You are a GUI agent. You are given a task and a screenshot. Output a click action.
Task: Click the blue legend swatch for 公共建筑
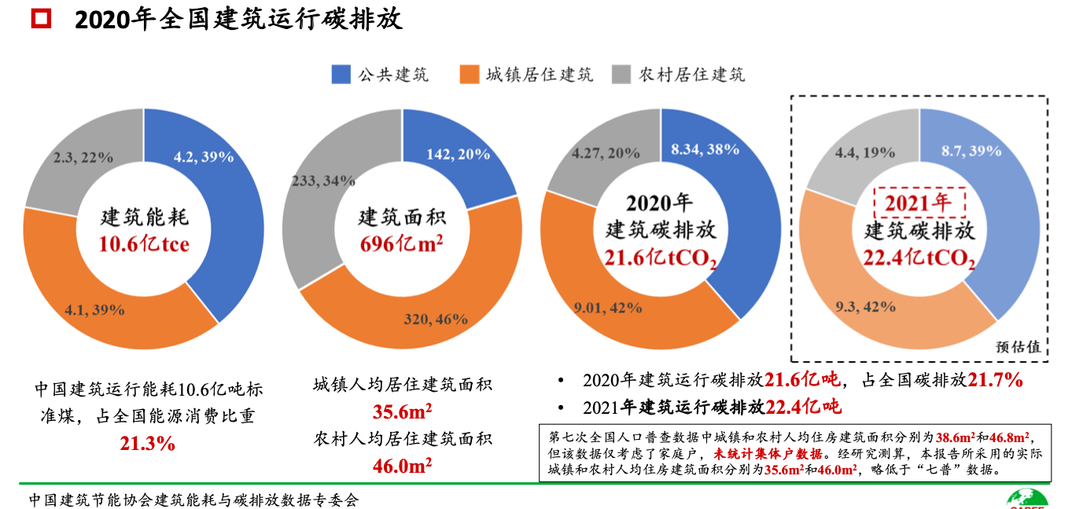click(341, 75)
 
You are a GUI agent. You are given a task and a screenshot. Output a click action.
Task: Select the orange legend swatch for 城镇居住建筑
click(468, 75)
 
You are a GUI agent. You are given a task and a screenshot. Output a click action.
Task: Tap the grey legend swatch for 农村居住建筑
click(621, 75)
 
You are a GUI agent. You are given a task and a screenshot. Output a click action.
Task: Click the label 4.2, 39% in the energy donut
click(203, 157)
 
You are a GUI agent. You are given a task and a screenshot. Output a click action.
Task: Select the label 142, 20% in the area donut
click(458, 154)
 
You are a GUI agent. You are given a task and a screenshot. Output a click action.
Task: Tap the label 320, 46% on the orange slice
click(437, 319)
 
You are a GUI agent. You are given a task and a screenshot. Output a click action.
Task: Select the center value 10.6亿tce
click(144, 245)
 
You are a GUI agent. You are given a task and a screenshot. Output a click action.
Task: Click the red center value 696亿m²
click(401, 245)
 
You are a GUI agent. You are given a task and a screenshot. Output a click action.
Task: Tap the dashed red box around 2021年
click(919, 203)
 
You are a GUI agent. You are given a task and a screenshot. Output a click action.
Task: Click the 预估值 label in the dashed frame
click(1018, 347)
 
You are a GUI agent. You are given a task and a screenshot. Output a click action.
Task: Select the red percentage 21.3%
click(147, 444)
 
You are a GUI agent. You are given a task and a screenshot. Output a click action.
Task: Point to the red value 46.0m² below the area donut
click(402, 466)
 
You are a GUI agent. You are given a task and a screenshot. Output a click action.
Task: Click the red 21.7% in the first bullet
click(994, 381)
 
